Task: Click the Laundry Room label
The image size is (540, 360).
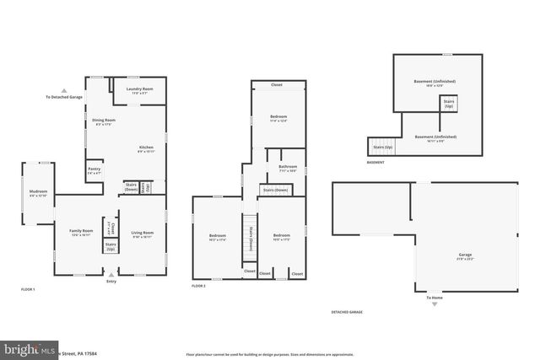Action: click(139, 90)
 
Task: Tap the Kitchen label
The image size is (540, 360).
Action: click(146, 149)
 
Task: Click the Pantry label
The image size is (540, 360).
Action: click(94, 171)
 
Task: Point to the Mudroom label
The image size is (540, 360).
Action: click(38, 193)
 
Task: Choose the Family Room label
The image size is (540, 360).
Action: click(81, 232)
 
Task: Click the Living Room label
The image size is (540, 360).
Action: click(142, 234)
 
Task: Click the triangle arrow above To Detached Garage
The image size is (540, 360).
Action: click(64, 90)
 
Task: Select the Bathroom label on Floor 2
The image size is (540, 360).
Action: click(288, 169)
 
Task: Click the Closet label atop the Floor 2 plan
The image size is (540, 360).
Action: click(278, 85)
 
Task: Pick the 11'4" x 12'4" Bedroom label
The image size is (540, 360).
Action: click(278, 118)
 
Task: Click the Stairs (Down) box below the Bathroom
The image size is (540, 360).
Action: click(275, 190)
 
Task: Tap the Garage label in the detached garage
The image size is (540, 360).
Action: click(465, 255)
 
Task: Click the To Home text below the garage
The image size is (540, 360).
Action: click(434, 298)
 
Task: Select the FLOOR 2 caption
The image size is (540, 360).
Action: click(199, 287)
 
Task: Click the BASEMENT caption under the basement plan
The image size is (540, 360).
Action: click(375, 162)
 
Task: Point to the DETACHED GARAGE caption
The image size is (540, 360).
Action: click(347, 312)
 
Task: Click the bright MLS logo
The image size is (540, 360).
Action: click(27, 348)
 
